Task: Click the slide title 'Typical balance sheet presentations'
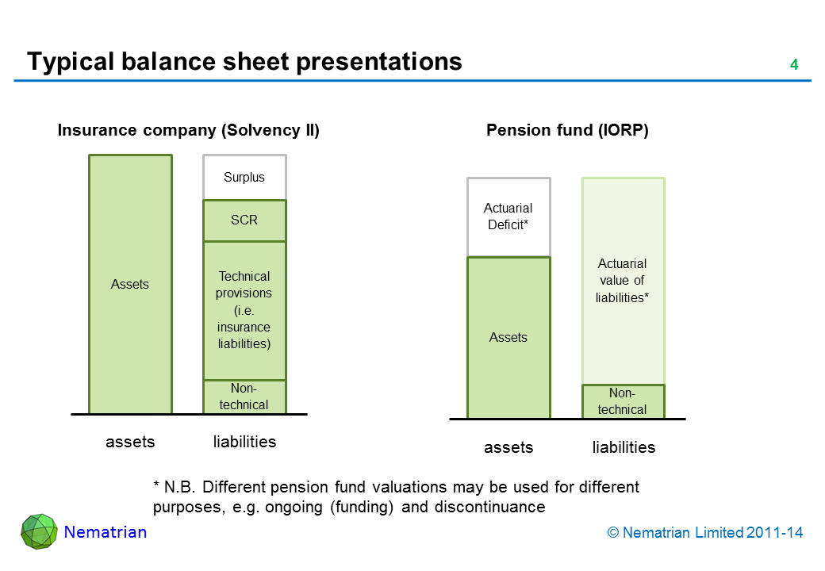(244, 61)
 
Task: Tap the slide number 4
(793, 65)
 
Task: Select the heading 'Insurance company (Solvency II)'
(188, 131)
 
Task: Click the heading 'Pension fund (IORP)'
(567, 131)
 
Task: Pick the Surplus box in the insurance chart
(244, 178)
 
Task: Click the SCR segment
(244, 220)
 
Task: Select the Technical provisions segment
(244, 310)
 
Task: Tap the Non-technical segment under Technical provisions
(244, 397)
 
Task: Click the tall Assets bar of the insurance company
(130, 284)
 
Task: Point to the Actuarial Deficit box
(508, 217)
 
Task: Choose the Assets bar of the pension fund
(508, 338)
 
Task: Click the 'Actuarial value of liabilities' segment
(623, 281)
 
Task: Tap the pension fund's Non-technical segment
(623, 401)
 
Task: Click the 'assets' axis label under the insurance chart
(130, 442)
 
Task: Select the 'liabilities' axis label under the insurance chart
(244, 442)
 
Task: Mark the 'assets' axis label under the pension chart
(508, 447)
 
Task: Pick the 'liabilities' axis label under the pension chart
(624, 447)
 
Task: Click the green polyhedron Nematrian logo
(39, 531)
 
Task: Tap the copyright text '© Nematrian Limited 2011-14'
(705, 533)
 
